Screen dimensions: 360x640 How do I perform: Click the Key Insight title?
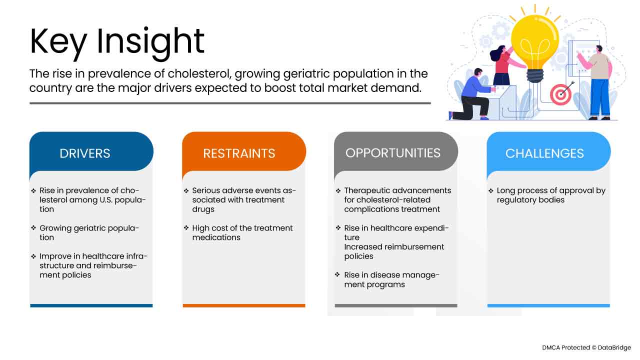click(x=117, y=42)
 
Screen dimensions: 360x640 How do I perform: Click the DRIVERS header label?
click(x=85, y=153)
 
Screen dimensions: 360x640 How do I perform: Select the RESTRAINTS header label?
click(x=239, y=153)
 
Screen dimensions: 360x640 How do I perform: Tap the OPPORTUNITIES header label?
click(x=393, y=152)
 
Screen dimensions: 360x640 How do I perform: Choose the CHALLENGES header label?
click(x=544, y=153)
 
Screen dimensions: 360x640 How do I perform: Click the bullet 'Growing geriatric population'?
click(x=89, y=232)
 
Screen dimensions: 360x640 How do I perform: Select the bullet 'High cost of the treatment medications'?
click(x=242, y=232)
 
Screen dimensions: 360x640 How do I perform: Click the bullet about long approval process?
click(x=550, y=195)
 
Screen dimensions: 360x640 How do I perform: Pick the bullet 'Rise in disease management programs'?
click(x=391, y=279)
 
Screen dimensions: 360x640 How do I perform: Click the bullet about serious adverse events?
click(x=244, y=199)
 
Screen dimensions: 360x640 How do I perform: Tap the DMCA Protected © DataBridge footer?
click(x=586, y=347)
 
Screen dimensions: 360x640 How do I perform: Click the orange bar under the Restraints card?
click(x=243, y=305)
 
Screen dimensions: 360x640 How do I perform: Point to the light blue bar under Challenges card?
click(x=548, y=305)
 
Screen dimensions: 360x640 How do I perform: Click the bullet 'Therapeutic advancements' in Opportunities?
click(x=397, y=199)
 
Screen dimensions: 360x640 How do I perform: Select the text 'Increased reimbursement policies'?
click(x=394, y=251)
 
